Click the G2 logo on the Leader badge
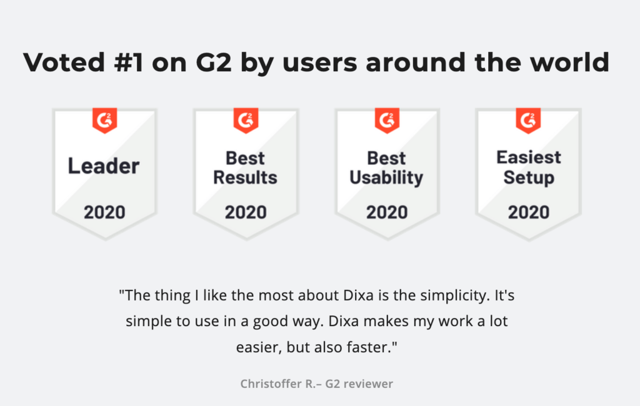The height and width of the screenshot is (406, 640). [104, 121]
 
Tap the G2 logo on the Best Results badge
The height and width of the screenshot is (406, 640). [246, 121]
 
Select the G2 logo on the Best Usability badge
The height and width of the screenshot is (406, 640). [387, 121]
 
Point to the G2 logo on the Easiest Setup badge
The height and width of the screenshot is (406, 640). [528, 121]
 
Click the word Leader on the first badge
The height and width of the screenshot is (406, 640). [104, 166]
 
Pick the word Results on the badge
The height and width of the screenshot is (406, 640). [245, 177]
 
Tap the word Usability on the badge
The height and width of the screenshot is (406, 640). [386, 178]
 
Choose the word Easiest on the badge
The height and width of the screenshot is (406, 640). [529, 157]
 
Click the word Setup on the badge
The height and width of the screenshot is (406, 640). [529, 178]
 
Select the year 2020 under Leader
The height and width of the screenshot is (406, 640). [104, 212]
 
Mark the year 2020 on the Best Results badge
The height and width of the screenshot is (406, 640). [246, 212]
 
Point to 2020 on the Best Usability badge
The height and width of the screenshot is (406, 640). [387, 212]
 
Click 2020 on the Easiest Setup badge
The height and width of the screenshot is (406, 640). [529, 212]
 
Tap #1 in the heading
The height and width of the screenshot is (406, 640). [129, 62]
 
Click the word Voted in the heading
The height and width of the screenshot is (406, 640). [64, 62]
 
